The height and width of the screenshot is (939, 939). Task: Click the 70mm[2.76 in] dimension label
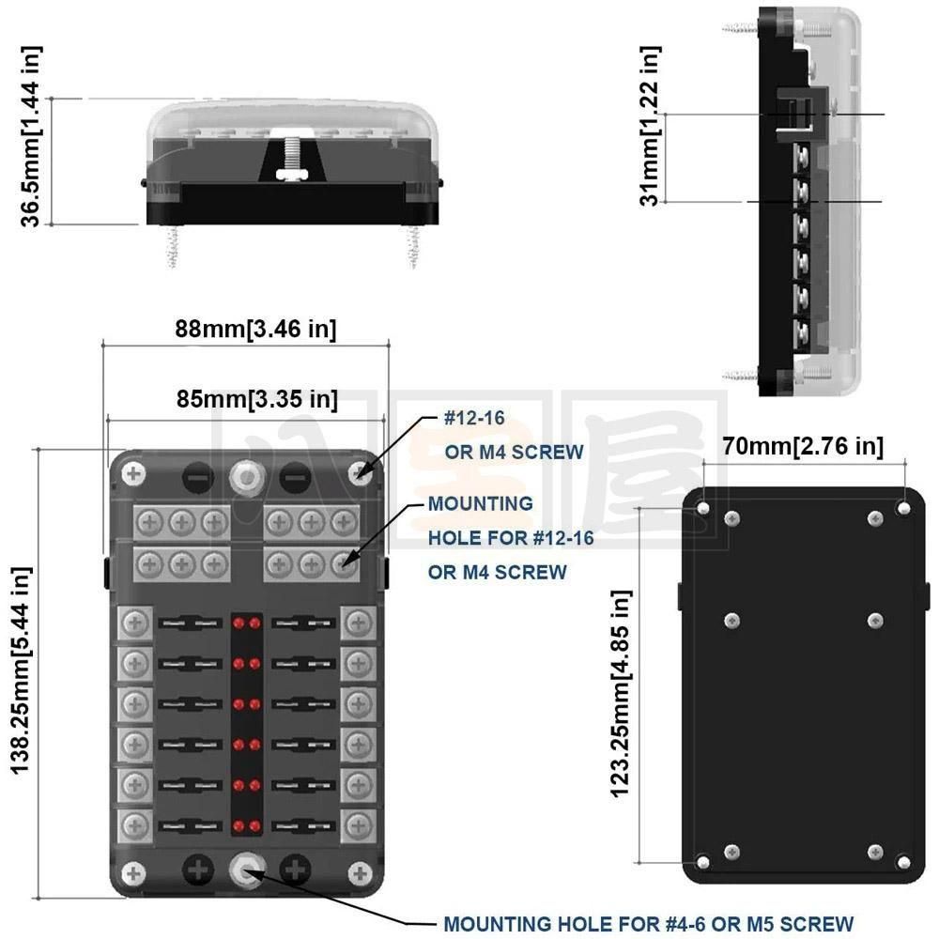803,446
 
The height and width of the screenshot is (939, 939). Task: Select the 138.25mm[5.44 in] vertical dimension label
21,670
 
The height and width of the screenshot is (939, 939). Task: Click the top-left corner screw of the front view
133,473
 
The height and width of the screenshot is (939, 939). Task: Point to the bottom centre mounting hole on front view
247,871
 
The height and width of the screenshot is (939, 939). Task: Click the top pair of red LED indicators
247,623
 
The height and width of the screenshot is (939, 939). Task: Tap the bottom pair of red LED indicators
247,825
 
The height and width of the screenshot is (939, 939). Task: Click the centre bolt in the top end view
293,155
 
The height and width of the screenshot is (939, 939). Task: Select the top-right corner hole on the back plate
903,507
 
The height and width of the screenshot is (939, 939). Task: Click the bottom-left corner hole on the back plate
703,860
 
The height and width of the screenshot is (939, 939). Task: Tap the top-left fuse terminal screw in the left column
135,622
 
